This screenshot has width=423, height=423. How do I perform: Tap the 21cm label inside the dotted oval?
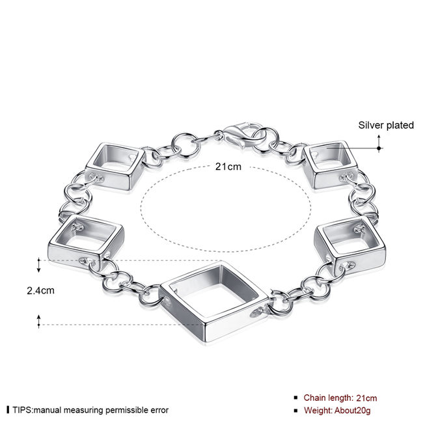click(x=228, y=167)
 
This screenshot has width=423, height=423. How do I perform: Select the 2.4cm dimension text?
click(x=40, y=290)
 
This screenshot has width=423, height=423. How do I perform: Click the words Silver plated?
click(x=386, y=125)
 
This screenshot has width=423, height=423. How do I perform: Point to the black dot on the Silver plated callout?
click(x=379, y=148)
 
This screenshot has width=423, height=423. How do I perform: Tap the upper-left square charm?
click(x=116, y=166)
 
